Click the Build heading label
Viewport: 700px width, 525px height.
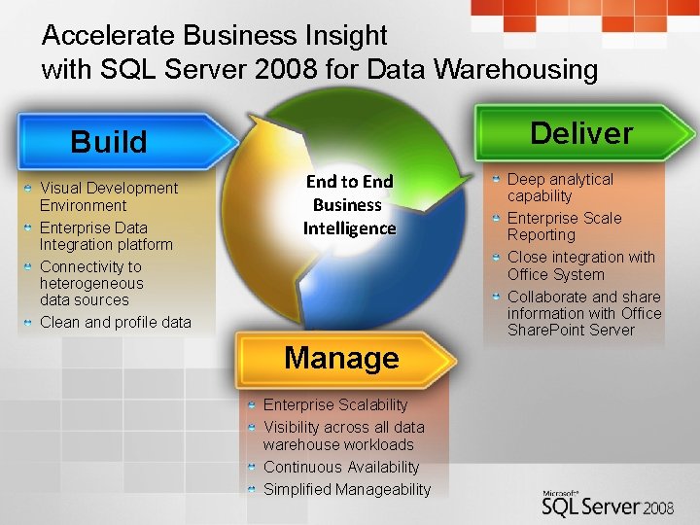click(109, 142)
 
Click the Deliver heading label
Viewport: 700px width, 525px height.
click(581, 133)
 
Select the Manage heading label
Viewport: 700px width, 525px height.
click(341, 358)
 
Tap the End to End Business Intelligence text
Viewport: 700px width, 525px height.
click(349, 205)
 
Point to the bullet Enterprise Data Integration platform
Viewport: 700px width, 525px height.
click(106, 236)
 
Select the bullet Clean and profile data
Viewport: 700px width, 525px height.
click(115, 323)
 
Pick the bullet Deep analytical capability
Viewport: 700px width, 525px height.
click(560, 188)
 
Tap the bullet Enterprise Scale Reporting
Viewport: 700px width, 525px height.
click(564, 227)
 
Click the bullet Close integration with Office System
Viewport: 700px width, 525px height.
click(580, 265)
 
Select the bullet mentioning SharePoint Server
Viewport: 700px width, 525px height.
click(583, 313)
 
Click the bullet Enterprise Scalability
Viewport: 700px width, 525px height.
click(335, 404)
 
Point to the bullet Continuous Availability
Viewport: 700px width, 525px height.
click(341, 468)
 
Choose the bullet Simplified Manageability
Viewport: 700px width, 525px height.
click(346, 489)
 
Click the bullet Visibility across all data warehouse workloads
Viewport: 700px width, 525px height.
click(343, 436)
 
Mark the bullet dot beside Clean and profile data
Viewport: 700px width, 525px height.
click(29, 322)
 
